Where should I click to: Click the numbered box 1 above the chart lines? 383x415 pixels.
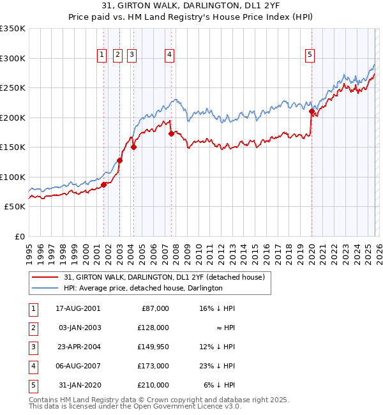[x=101, y=56]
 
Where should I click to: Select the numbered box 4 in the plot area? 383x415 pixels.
[x=169, y=56]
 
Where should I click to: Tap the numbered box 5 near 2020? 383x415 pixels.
[x=310, y=56]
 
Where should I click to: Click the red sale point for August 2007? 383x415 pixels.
[x=171, y=134]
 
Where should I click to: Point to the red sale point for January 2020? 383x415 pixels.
[x=312, y=112]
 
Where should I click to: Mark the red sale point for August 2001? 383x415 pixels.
[x=103, y=185]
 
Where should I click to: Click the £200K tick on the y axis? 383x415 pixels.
[x=13, y=117]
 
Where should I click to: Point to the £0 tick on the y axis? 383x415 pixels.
[x=19, y=236]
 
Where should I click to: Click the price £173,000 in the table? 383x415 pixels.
[x=154, y=366]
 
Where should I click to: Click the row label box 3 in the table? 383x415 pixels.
[x=33, y=347]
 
